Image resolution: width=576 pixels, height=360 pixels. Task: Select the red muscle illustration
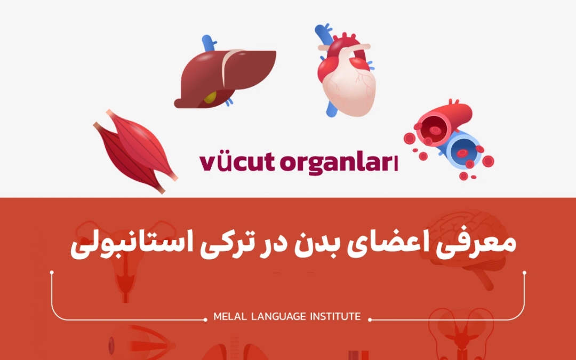tap(136, 152)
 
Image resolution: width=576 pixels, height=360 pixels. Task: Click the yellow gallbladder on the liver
tap(211, 98)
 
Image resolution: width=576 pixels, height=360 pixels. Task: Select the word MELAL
tap(229, 317)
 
